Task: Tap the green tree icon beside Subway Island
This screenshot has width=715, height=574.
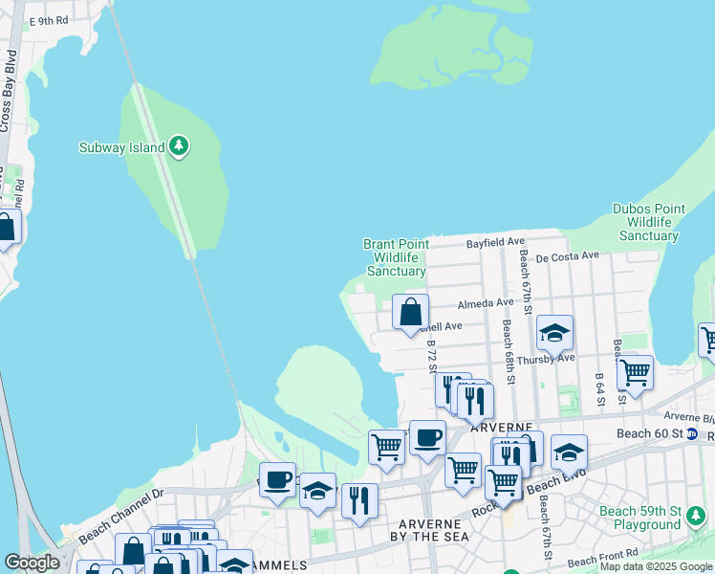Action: point(178,146)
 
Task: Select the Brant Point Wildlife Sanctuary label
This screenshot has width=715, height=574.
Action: point(395,257)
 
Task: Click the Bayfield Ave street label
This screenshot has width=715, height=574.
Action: point(495,244)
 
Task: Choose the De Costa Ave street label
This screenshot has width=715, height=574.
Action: point(567,256)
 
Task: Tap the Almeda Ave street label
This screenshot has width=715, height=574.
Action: point(486,303)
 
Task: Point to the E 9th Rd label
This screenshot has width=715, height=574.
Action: point(49,20)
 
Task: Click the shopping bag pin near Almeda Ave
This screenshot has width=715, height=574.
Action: point(410,312)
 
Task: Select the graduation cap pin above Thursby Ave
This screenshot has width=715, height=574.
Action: point(554,333)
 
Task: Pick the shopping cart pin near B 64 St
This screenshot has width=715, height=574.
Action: point(635,372)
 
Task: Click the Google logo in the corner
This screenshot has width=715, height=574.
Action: point(32,563)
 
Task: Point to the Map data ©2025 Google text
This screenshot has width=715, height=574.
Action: point(656,566)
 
